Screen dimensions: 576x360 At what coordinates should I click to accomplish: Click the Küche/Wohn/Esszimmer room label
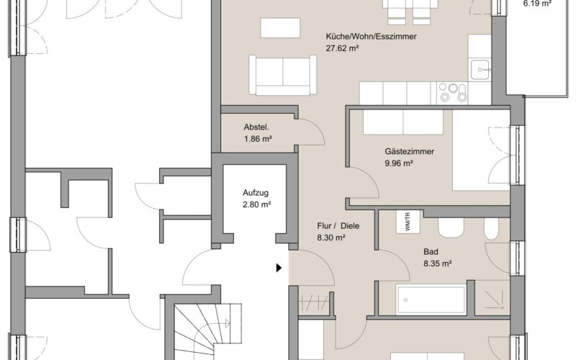371,37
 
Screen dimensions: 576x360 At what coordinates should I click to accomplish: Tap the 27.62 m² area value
342,48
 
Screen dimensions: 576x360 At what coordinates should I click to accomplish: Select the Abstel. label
256,127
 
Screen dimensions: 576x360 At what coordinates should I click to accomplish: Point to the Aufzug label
256,193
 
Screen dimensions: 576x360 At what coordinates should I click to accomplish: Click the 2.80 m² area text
256,204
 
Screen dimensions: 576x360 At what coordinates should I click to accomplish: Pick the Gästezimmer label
409,151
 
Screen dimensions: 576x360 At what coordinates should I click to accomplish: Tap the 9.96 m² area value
399,163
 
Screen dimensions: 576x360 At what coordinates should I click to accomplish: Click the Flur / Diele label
338,226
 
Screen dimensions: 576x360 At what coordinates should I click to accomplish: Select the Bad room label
431,252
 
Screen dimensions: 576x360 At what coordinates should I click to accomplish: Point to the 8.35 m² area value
437,264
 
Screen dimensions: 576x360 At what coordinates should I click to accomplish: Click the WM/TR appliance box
408,222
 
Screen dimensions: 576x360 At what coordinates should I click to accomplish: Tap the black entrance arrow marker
279,268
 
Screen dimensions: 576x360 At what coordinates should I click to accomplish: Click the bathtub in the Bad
431,300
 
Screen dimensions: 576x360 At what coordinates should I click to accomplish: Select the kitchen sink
480,69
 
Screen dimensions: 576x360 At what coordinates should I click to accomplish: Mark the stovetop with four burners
453,93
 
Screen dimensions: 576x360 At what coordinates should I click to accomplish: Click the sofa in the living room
282,76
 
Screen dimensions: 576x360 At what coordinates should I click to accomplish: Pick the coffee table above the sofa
280,27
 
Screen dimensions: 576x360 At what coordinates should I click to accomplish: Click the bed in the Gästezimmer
481,150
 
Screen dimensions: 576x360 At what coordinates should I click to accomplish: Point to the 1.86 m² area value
258,139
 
